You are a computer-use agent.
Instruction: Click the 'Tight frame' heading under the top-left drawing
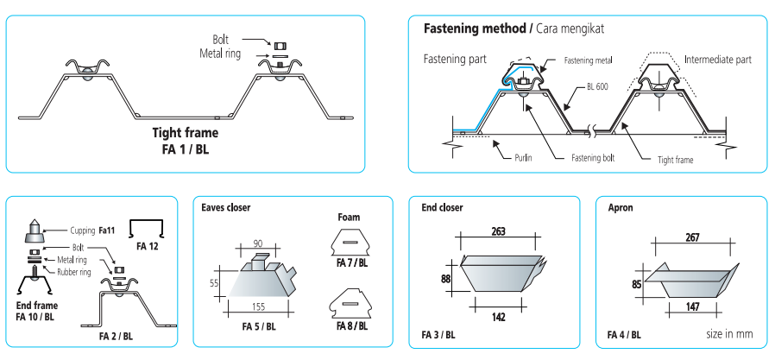pyautogui.click(x=185, y=133)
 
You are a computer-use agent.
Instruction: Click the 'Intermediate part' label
pyautogui.click(x=717, y=60)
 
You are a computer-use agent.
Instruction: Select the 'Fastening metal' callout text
pyautogui.click(x=589, y=60)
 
